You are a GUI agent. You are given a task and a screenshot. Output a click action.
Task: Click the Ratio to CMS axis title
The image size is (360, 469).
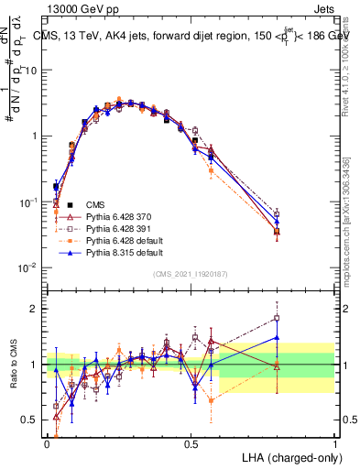pos(12,365)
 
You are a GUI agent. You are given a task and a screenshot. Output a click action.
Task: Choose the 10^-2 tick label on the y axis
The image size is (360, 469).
pos(29,267)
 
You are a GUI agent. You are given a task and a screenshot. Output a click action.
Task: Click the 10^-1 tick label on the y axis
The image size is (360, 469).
pos(29,202)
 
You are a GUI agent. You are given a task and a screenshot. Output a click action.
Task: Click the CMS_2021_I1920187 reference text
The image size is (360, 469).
pos(191,274)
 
